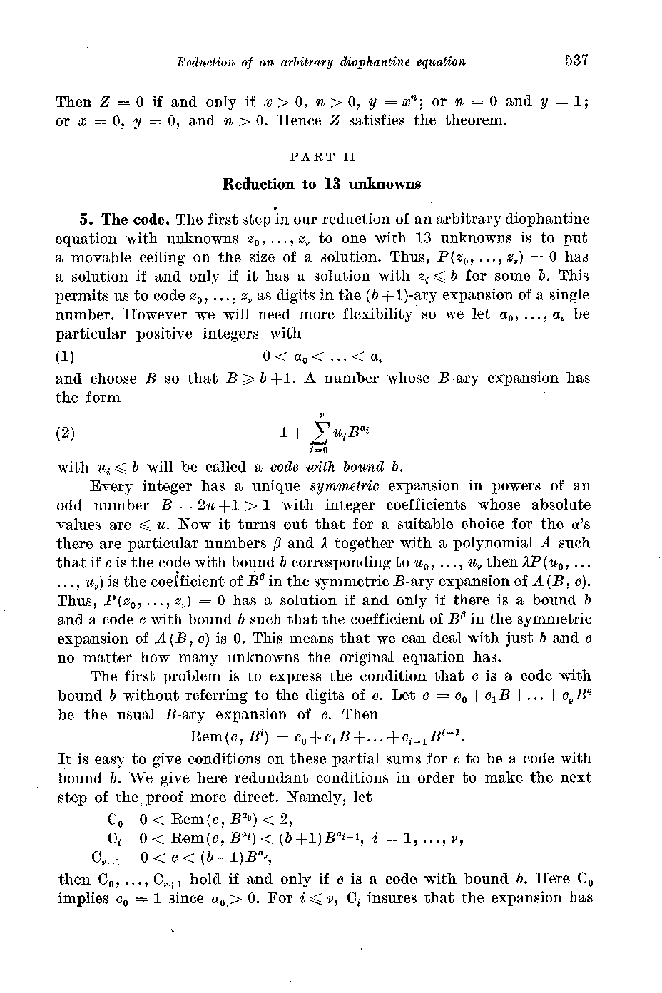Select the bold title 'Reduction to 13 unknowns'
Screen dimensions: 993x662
pos(322,184)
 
